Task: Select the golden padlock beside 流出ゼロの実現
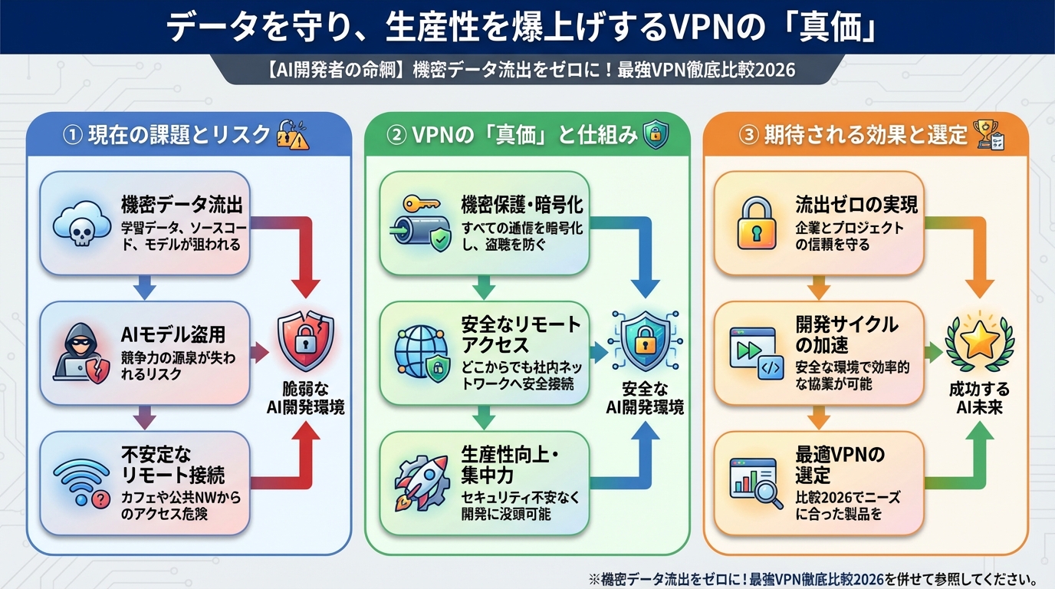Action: pyautogui.click(x=757, y=224)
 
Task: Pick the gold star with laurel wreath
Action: pyautogui.click(x=979, y=342)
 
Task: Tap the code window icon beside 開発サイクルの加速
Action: pyautogui.click(x=756, y=353)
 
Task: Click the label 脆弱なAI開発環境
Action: pyautogui.click(x=305, y=398)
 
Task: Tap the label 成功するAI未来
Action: pyautogui.click(x=979, y=398)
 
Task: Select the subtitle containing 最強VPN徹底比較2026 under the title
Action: pyautogui.click(x=527, y=70)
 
